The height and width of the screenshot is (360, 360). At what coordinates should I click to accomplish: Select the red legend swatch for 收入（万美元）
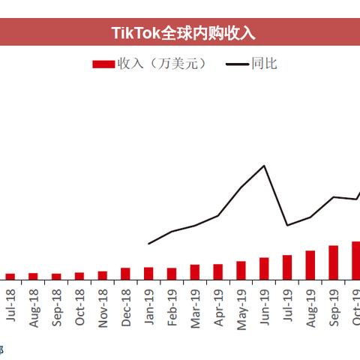[x=103, y=64]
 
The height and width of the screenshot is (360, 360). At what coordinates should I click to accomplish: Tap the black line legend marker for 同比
[x=238, y=64]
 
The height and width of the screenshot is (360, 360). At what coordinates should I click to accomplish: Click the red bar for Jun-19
[x=264, y=268]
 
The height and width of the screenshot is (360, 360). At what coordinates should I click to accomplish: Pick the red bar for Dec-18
[x=125, y=274]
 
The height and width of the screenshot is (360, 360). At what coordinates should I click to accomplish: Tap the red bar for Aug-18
[x=33, y=276]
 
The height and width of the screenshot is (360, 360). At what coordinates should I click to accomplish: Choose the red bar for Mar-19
[x=195, y=272]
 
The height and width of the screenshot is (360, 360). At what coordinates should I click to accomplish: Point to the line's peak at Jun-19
[x=264, y=165]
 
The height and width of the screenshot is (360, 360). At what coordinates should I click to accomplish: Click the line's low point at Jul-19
[x=287, y=225]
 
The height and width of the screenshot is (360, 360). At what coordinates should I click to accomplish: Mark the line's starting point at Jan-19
[x=148, y=244]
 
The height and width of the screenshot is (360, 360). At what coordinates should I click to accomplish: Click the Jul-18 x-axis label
[x=10, y=306]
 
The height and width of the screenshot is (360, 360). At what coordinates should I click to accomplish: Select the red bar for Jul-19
[x=287, y=267]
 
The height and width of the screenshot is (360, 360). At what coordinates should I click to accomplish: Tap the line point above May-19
[x=241, y=187]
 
